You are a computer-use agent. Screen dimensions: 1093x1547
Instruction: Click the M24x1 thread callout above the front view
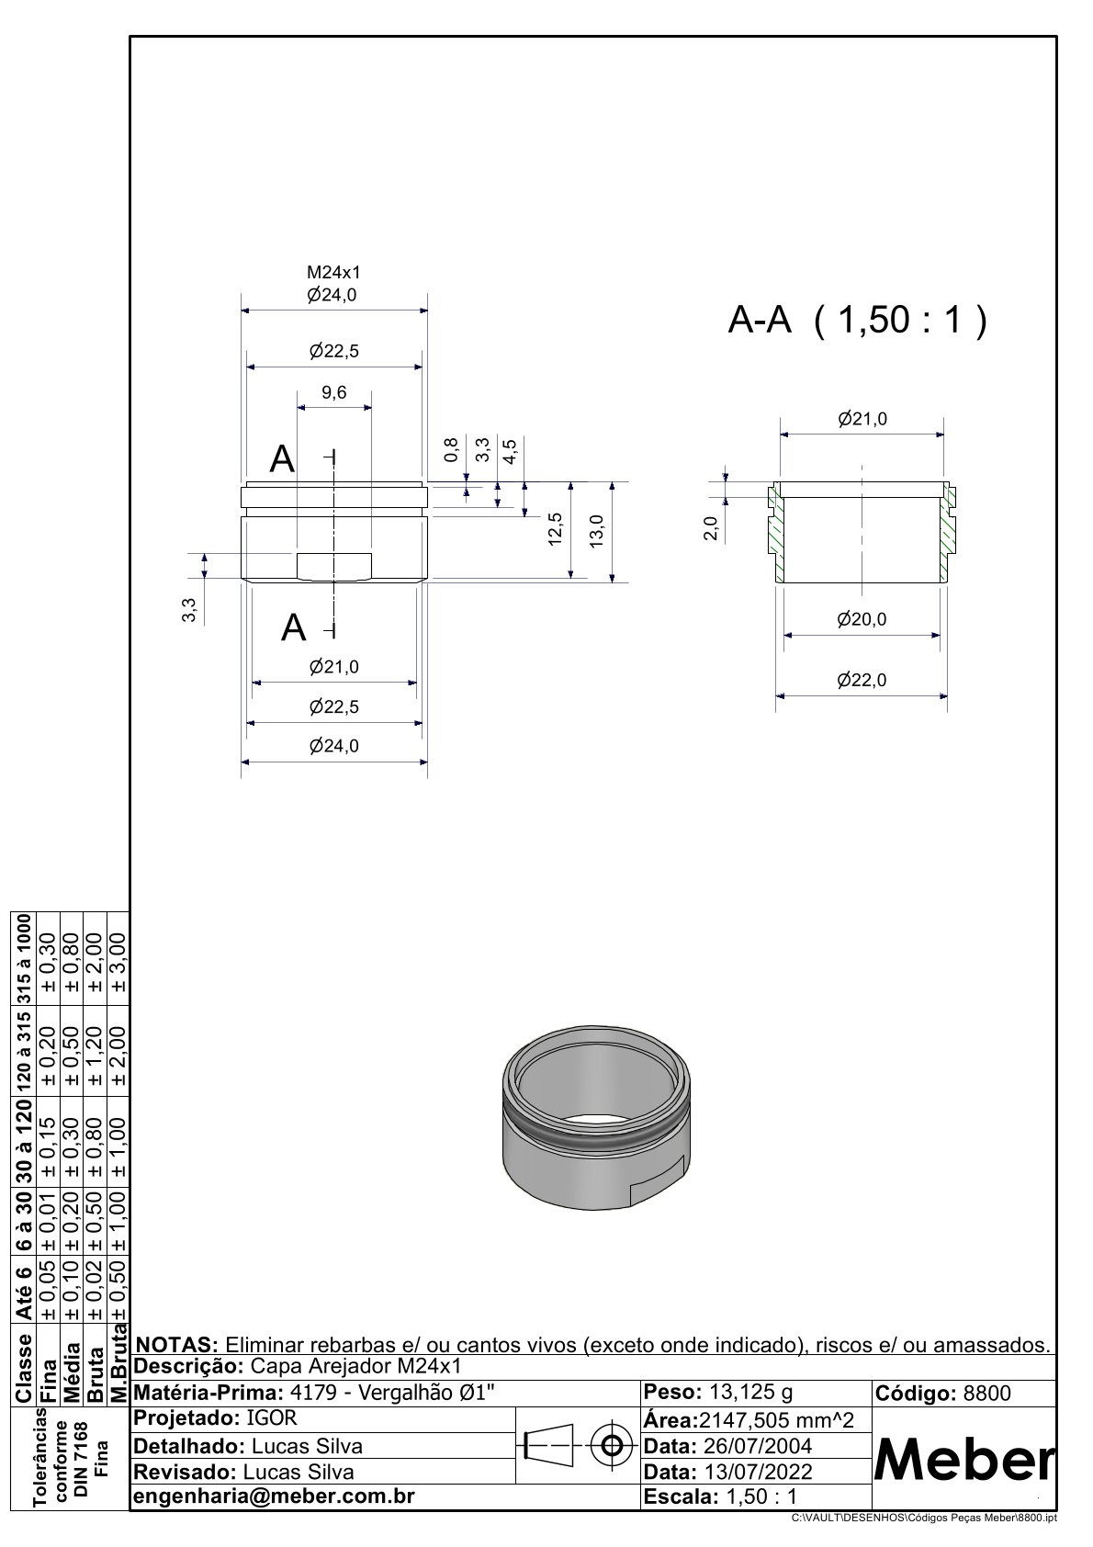(x=333, y=273)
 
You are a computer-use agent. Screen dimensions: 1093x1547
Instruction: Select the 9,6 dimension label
(x=334, y=393)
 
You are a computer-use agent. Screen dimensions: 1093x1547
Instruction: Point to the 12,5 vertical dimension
(x=555, y=529)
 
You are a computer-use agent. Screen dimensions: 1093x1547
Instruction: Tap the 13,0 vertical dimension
(x=597, y=531)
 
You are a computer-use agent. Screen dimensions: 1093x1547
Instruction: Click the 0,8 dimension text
(x=452, y=449)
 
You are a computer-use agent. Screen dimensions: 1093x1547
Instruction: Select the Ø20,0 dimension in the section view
(x=862, y=619)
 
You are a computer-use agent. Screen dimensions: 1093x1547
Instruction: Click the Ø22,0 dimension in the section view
(x=862, y=681)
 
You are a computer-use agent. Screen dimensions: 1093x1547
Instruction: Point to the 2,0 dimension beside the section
(x=711, y=529)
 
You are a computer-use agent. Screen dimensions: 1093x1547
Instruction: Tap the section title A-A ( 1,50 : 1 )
(x=858, y=320)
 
